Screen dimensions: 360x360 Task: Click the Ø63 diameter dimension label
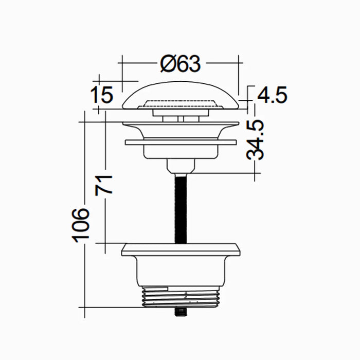[x=179, y=64]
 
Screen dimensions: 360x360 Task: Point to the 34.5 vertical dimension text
[x=256, y=139]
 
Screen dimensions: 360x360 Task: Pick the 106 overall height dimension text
[x=80, y=224]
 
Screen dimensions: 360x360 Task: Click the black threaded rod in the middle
[x=181, y=208]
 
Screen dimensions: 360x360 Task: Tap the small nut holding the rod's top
[x=181, y=166]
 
